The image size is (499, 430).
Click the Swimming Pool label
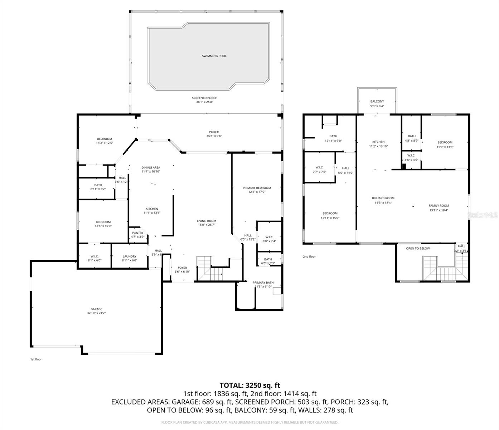(x=214, y=56)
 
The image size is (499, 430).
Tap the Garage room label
(x=96, y=309)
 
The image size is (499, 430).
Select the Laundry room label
(x=129, y=256)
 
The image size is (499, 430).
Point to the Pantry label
(x=137, y=233)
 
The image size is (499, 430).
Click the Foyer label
(x=182, y=268)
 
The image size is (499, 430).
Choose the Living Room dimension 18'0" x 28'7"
(x=207, y=225)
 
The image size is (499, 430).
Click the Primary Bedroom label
(x=257, y=188)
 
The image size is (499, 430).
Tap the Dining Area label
(x=151, y=167)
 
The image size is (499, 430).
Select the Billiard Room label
(x=383, y=198)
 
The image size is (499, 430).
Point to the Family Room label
(x=439, y=206)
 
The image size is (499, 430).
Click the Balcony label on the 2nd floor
(x=377, y=101)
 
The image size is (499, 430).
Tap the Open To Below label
(x=418, y=248)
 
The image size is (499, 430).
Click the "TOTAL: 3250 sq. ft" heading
(x=249, y=386)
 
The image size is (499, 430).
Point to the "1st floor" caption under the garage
(x=36, y=359)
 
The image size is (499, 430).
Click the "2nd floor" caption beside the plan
(x=309, y=257)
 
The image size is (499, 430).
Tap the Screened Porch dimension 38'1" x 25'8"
(x=204, y=102)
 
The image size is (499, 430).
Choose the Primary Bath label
(x=263, y=282)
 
